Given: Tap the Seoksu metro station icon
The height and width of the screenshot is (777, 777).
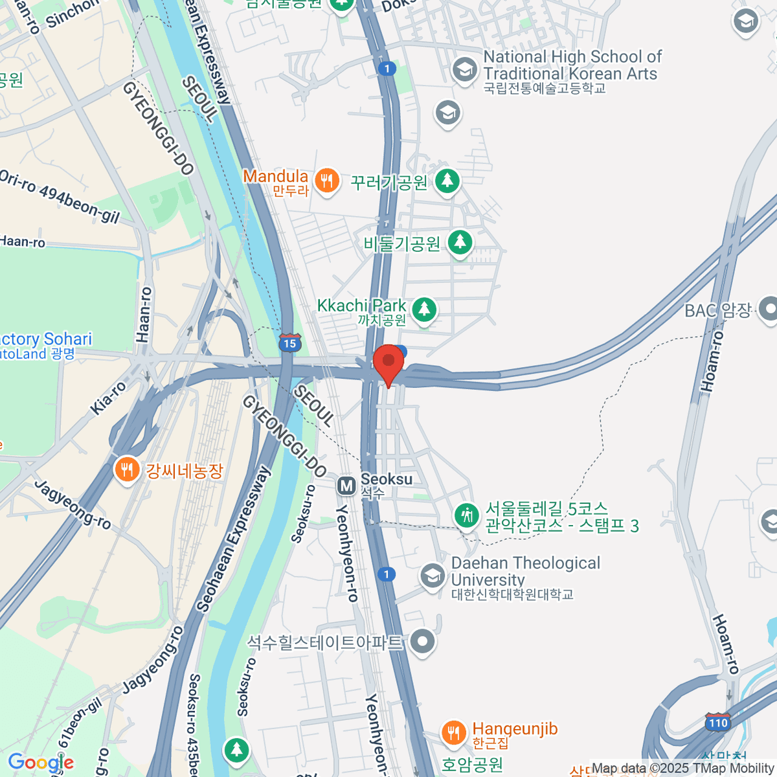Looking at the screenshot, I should click(346, 485).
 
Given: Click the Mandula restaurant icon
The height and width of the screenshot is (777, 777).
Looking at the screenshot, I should click(326, 181).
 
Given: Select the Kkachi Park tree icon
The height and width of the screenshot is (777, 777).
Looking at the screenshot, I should click(424, 309).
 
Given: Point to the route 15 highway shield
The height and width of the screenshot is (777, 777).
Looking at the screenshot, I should click(289, 343).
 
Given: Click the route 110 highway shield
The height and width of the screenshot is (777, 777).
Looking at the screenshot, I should click(718, 722).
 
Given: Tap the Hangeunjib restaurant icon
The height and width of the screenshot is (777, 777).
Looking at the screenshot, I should click(453, 732).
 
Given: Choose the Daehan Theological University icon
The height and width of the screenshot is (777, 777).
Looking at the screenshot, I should click(432, 575).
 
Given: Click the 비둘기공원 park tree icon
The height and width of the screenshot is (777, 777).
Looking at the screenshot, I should click(460, 242).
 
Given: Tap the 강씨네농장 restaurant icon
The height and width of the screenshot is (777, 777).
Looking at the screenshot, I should click(126, 469).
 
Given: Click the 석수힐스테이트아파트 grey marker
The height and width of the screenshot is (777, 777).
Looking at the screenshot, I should click(423, 642).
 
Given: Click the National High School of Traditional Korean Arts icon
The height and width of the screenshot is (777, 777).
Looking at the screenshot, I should click(464, 69).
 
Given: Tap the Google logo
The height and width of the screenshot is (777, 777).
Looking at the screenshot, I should click(40, 762).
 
